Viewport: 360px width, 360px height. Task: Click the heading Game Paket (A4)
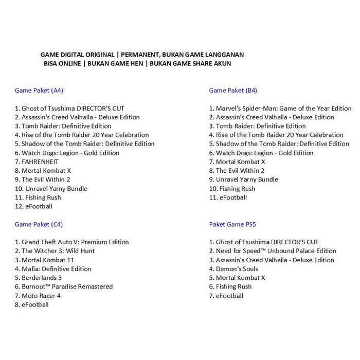pyautogui.click(x=39, y=91)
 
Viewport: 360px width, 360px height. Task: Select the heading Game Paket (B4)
pyautogui.click(x=233, y=91)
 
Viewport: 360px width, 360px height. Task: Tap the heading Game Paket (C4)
pyautogui.click(x=39, y=224)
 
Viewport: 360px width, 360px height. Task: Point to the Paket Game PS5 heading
pyautogui.click(x=232, y=224)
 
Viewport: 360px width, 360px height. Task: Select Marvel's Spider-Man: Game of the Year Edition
pyautogui.click(x=280, y=109)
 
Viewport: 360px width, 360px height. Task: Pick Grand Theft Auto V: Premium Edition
pyautogui.click(x=72, y=242)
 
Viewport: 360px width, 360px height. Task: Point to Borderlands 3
pyautogui.click(x=42, y=278)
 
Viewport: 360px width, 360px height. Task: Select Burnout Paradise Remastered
pyautogui.click(x=64, y=286)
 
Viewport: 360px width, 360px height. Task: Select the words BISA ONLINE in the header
pyautogui.click(x=62, y=63)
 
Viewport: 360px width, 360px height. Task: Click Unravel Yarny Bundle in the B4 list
pyautogui.click(x=243, y=179)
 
